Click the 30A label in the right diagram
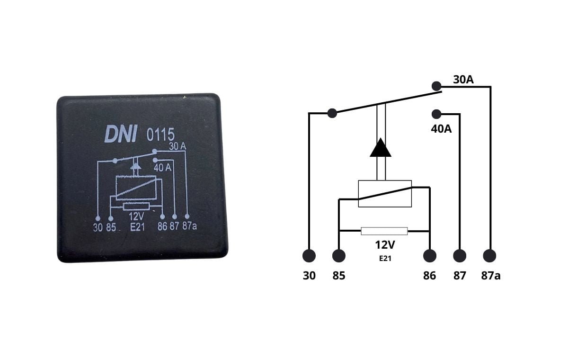[463, 80]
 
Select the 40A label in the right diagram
[441, 128]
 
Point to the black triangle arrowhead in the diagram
[381, 148]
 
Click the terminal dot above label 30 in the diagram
[309, 256]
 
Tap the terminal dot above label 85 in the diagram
[339, 256]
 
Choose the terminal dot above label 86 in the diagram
[429, 256]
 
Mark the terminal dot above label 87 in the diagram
[460, 256]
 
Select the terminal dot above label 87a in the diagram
[490, 256]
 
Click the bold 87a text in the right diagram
[491, 276]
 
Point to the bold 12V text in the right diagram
[384, 245]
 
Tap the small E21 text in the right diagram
[384, 259]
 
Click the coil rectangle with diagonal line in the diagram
[384, 193]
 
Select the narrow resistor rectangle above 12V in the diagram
[384, 231]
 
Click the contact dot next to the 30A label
[436, 86]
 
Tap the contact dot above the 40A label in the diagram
[436, 114]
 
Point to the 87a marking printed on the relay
[189, 226]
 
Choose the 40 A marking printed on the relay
[162, 167]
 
